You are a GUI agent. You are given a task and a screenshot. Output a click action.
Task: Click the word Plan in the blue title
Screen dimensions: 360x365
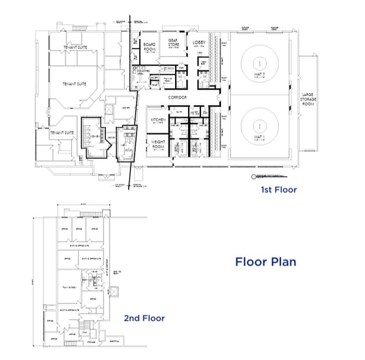pos(280,262)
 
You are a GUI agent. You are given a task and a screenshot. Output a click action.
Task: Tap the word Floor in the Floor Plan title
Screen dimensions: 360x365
pos(251,262)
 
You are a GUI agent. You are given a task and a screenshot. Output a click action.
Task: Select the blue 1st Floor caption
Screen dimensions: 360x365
pos(279,190)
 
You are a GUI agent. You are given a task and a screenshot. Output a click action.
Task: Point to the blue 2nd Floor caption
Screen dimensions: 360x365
pos(144,318)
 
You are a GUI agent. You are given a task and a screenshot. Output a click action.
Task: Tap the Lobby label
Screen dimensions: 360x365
pos(199,42)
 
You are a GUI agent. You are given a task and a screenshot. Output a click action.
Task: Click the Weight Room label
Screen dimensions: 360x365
pos(158,144)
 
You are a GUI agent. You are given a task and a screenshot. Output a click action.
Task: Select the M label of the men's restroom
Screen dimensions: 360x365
pos(180,76)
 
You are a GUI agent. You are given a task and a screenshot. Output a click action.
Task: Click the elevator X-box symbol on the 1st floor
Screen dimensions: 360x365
pos(109,111)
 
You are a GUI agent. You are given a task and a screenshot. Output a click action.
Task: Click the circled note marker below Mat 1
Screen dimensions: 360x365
pos(252,176)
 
